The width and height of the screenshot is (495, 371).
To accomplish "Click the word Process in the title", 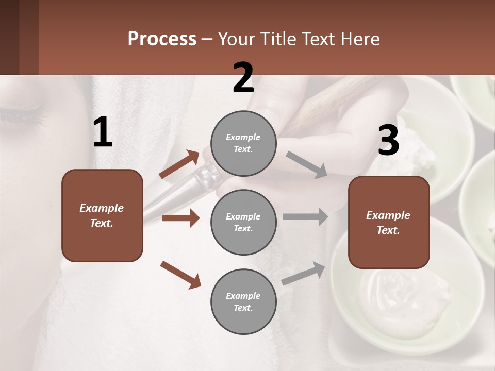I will [x=162, y=39].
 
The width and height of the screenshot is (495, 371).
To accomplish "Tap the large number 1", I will [x=103, y=132].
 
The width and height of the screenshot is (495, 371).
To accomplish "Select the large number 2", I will [x=243, y=78].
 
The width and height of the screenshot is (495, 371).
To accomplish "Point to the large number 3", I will [x=388, y=141].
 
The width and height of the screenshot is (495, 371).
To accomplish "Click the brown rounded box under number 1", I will [x=102, y=215].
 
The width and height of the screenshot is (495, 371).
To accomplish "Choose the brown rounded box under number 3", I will [x=389, y=223].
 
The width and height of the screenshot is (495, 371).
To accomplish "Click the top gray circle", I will [x=243, y=143].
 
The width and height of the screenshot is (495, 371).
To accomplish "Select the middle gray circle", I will [x=243, y=223].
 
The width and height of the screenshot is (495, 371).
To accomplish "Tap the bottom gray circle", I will [x=243, y=302].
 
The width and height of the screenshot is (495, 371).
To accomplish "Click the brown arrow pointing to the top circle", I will [x=179, y=164].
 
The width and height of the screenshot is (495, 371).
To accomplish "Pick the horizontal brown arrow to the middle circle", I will [x=180, y=218].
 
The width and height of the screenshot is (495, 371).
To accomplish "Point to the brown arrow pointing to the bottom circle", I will [x=180, y=275].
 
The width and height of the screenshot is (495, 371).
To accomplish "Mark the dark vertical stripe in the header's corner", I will [x=28, y=37].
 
